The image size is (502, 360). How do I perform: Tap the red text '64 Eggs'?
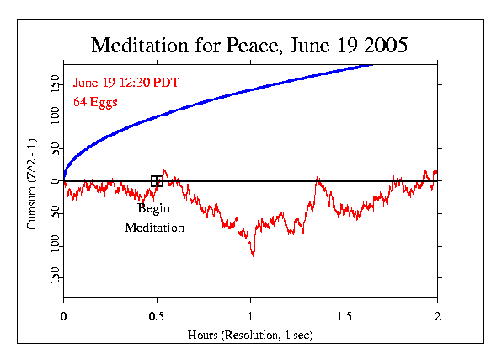click(x=94, y=101)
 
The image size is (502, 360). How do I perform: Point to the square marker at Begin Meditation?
click(x=157, y=181)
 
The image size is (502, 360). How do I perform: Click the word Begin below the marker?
click(x=154, y=209)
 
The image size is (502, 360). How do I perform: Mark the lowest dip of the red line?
click(x=253, y=255)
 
